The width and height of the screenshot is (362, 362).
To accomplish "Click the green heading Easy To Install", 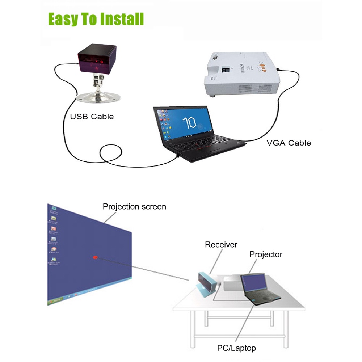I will tap(96, 19).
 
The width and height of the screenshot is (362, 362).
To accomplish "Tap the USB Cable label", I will tap(92, 117).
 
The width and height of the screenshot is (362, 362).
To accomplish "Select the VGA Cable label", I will tap(289, 143).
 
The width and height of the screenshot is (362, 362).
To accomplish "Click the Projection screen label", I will tap(134, 207).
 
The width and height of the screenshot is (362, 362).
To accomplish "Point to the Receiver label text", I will tap(221, 245).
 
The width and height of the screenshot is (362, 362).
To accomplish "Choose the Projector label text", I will tap(266, 254).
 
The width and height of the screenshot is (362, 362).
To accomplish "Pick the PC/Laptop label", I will tap(236, 348).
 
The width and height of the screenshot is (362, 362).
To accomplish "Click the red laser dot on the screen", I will tap(96, 257).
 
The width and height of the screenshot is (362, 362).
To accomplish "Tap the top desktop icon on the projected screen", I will tap(54, 209).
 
